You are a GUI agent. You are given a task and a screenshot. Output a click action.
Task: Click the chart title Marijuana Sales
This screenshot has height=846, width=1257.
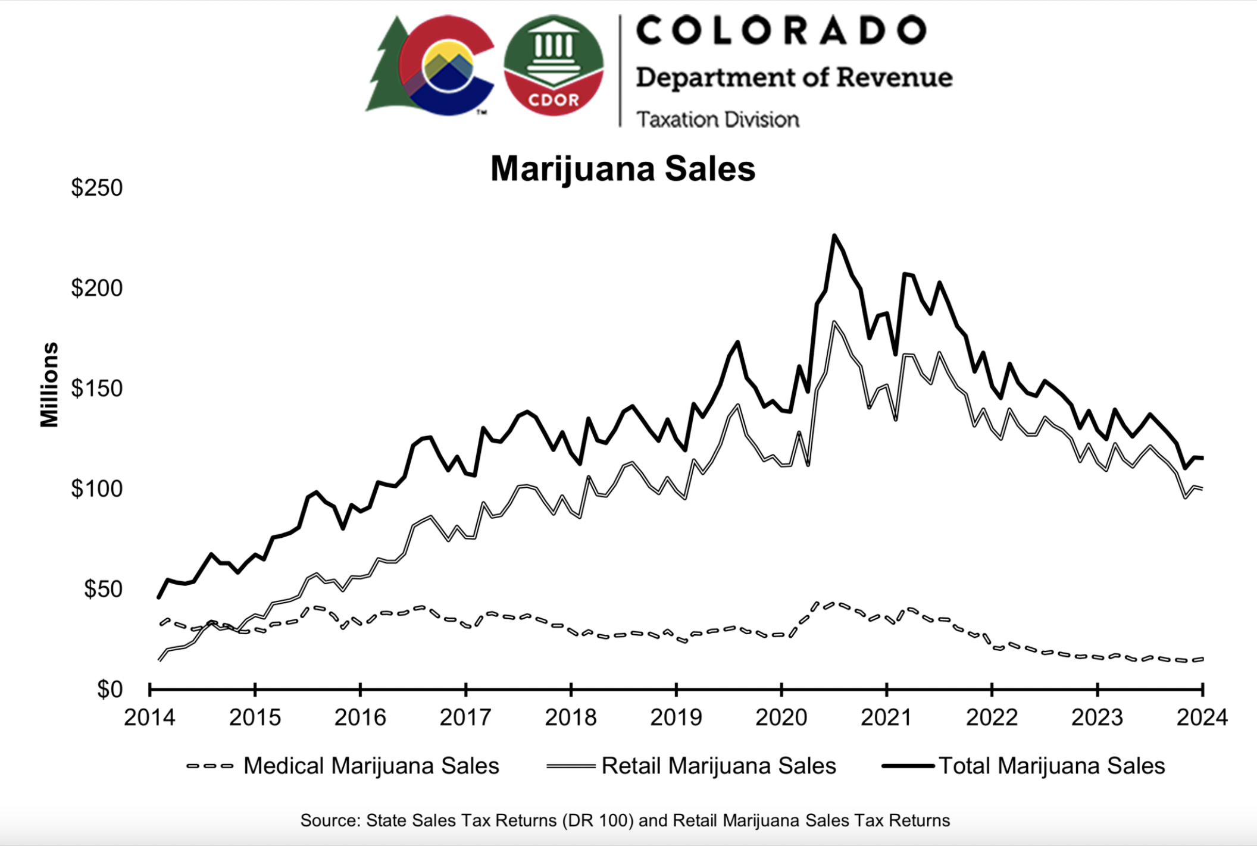click(623, 169)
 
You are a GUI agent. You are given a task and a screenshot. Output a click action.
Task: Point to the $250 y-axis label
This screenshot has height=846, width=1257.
click(96, 188)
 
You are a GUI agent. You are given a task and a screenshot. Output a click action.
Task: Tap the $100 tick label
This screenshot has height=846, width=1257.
click(96, 489)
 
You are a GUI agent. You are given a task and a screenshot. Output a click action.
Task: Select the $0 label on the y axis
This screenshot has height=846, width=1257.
click(110, 690)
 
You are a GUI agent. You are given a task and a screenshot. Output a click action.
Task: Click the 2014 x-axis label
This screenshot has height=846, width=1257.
click(149, 717)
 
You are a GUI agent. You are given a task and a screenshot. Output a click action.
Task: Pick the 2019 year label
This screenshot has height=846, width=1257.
click(676, 717)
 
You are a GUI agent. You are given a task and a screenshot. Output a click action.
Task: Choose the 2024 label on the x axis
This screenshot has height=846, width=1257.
click(1202, 717)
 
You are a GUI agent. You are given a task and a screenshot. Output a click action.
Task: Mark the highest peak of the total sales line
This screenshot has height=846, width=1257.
click(834, 236)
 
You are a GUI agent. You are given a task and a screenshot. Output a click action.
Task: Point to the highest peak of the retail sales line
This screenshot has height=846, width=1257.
click(834, 323)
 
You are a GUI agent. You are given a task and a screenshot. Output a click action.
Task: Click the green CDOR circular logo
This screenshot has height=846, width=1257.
click(554, 65)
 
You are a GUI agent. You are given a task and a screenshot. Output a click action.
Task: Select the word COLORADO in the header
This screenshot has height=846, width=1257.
click(781, 30)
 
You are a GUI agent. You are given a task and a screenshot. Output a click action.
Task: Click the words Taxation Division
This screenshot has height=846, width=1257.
click(718, 120)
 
